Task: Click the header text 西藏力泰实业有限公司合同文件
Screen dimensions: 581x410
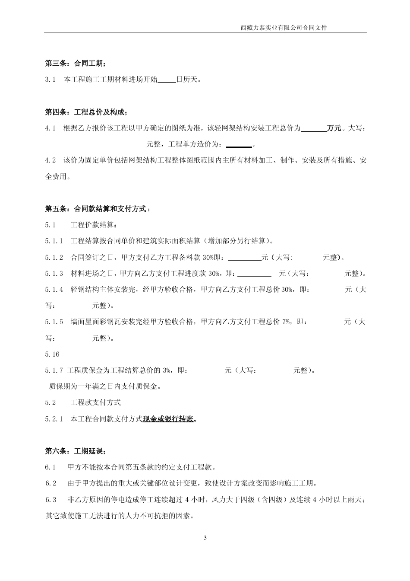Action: tap(284, 28)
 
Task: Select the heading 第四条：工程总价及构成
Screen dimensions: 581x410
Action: tap(86, 112)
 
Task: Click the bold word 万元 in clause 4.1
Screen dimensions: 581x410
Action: tap(334, 128)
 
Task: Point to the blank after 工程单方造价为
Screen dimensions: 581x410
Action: tap(238, 144)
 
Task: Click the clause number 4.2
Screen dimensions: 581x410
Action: tap(50, 160)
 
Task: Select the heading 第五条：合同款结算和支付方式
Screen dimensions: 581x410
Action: tap(98, 209)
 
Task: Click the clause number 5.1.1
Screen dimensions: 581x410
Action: tap(54, 241)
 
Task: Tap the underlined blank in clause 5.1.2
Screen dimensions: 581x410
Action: tap(244, 258)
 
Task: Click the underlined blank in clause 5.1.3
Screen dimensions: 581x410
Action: tap(254, 274)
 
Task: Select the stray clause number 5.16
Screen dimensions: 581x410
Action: tap(52, 354)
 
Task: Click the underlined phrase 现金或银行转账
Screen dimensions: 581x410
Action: tap(168, 419)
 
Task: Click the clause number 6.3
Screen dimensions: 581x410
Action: tap(50, 500)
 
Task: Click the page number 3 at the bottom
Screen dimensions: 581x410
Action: tap(205, 538)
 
